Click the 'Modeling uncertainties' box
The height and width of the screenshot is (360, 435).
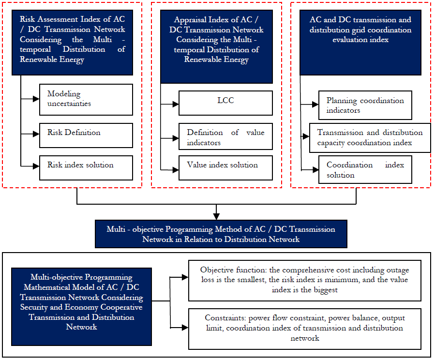point(86,100)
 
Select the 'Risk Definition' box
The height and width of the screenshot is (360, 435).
point(86,135)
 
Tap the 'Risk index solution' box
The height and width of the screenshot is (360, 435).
point(86,168)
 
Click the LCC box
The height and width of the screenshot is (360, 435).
point(225,103)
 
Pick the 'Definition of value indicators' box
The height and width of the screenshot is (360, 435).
point(225,136)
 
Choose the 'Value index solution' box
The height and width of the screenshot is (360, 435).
point(225,168)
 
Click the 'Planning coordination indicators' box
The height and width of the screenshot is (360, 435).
point(365,105)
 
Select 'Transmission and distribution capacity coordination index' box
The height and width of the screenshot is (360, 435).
point(370,138)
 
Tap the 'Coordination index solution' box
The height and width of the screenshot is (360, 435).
point(365,169)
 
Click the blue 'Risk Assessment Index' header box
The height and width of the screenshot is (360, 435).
point(72,43)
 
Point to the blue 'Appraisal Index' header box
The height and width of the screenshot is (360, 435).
point(216,46)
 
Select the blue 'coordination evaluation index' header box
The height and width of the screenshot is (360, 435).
point(360,43)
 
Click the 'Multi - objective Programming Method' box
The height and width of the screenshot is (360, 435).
point(221,234)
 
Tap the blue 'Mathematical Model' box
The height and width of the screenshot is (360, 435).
point(82,306)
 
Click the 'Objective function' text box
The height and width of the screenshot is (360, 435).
point(305,280)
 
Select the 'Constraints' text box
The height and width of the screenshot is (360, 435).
point(305,329)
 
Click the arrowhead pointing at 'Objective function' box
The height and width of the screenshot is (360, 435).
point(185,277)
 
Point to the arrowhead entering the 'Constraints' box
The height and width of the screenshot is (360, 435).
point(185,328)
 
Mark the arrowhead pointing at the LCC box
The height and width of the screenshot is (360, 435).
point(175,105)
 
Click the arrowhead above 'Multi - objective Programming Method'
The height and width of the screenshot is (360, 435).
point(216,216)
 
